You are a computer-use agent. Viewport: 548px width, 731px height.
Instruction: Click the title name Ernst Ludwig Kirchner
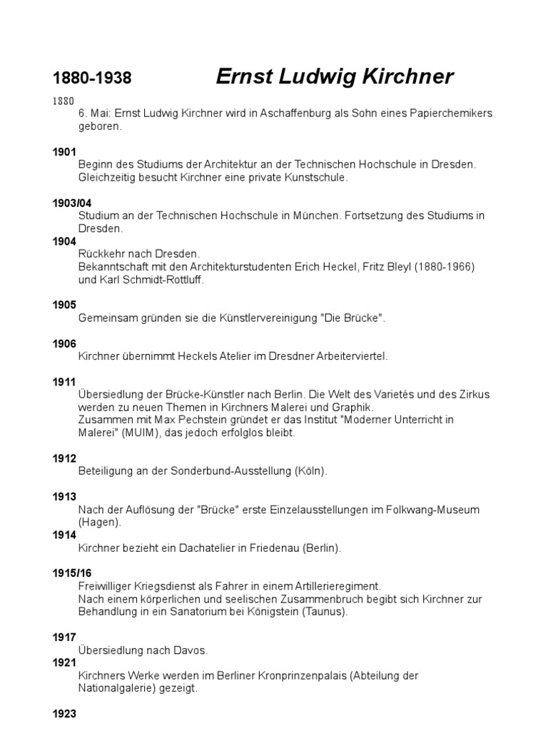[x=334, y=77]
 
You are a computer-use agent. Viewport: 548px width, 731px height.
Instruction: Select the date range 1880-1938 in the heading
[x=92, y=79]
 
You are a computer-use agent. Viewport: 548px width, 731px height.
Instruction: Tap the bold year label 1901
[x=64, y=152]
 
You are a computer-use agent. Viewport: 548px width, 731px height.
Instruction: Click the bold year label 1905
[x=64, y=305]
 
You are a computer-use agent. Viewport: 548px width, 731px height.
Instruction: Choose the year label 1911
[x=64, y=382]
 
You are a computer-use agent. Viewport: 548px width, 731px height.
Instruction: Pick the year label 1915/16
[x=71, y=573]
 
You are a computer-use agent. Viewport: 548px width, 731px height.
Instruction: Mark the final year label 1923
[x=64, y=713]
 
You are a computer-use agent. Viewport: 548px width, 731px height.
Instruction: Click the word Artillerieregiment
[x=335, y=586]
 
